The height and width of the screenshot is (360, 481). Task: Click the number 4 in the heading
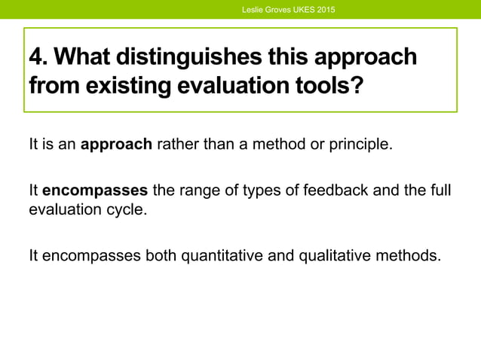coord(35,57)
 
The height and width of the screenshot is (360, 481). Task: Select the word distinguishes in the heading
coord(190,57)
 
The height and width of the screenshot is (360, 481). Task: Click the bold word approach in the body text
coord(116,144)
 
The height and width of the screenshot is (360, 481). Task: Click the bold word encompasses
coord(95,191)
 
